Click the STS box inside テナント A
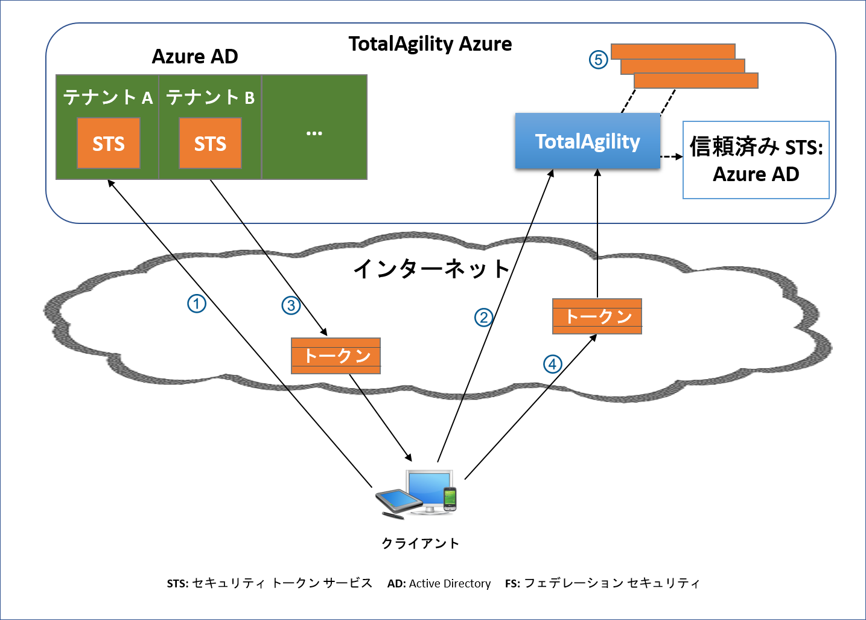(109, 143)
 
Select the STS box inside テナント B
(210, 143)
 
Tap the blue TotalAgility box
(587, 141)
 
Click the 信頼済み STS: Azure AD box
(756, 160)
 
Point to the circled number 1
(197, 303)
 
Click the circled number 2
(483, 317)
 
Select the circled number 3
(291, 305)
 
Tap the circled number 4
(552, 364)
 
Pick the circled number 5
(598, 60)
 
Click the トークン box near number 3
(336, 356)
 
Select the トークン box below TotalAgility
(597, 316)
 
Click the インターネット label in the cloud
(432, 269)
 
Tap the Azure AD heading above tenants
(195, 56)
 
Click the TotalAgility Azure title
(430, 43)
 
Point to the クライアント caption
(420, 543)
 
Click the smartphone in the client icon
(449, 499)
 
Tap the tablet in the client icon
(398, 500)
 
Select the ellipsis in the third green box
(314, 133)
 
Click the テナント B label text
(210, 97)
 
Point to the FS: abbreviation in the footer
(512, 584)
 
